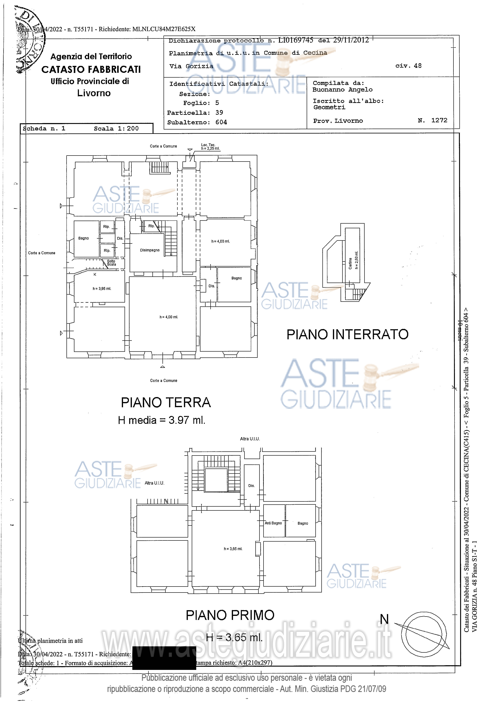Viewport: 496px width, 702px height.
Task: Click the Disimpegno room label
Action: [x=150, y=250]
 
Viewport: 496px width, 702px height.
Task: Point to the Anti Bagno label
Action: [x=273, y=523]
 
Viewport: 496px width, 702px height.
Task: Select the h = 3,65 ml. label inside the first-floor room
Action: [x=233, y=549]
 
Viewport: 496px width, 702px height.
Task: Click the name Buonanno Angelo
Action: [x=342, y=90]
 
